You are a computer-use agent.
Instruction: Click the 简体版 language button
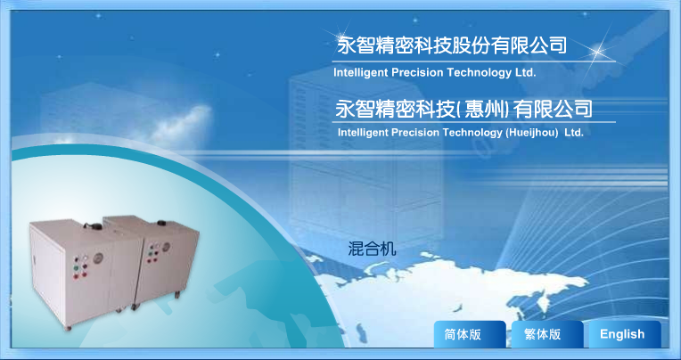tap(470, 334)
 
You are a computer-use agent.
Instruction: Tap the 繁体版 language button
tap(547, 334)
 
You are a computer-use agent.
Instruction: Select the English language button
tap(625, 334)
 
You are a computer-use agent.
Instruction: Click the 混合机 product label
tap(372, 249)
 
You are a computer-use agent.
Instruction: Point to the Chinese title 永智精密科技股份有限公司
tap(452, 45)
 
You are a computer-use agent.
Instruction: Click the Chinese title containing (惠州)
tap(464, 109)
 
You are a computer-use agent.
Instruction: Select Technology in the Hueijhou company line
tap(472, 133)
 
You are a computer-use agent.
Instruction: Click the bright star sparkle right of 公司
tap(598, 52)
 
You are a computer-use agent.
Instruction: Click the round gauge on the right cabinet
tap(166, 248)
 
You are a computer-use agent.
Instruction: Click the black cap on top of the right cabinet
tap(162, 223)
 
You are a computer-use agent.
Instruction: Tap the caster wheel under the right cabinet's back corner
tap(178, 296)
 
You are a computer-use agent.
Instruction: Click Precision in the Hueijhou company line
tap(415, 133)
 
